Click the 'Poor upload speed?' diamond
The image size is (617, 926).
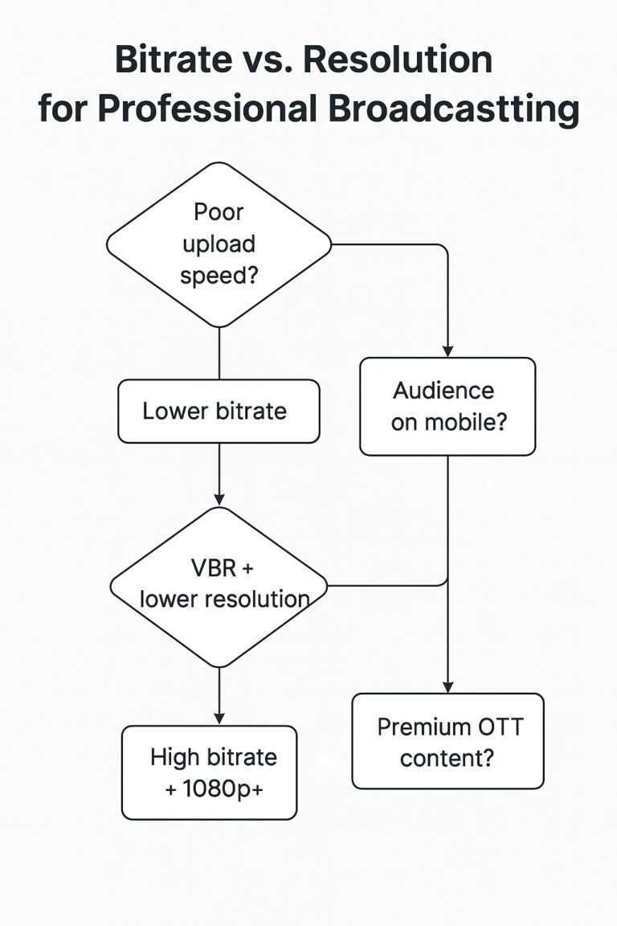[219, 244]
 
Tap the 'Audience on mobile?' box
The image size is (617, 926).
[447, 407]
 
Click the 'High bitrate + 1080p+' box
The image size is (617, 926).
[209, 772]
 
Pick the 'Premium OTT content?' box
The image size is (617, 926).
[447, 740]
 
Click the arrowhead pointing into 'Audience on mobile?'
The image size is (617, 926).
[447, 351]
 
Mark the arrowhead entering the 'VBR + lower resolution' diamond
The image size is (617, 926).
[219, 500]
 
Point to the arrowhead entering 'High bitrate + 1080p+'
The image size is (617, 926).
[219, 718]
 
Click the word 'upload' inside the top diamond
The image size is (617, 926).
[219, 244]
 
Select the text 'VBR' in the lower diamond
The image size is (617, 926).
[213, 568]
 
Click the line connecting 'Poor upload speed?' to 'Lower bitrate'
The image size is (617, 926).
[219, 354]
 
